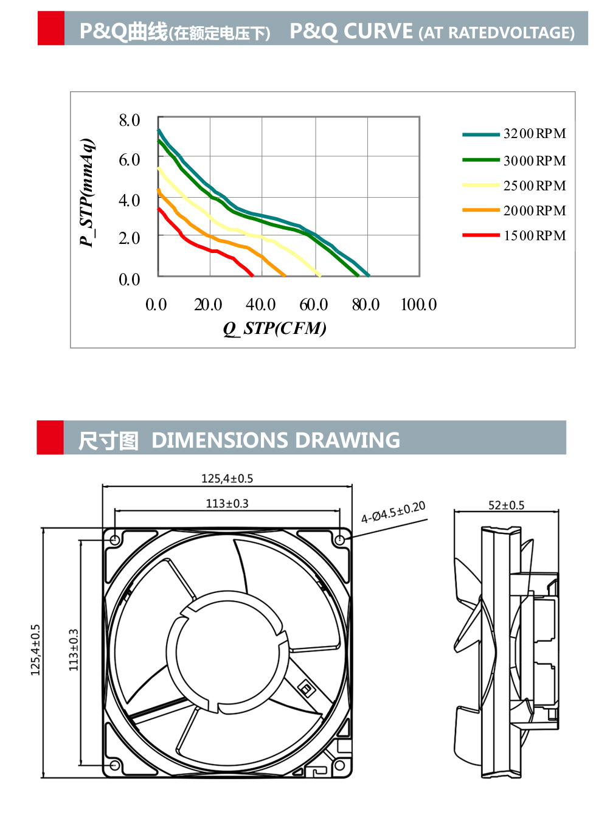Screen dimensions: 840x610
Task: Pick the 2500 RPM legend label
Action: coord(534,186)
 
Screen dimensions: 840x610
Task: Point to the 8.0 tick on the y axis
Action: coord(129,120)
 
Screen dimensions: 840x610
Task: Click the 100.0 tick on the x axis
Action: coord(418,305)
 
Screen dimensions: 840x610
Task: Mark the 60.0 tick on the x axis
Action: coord(313,305)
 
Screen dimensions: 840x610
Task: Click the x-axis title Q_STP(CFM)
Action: coord(274,328)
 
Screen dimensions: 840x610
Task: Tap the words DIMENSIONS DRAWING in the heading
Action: coord(276,440)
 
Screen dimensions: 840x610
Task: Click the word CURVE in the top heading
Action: coord(378,31)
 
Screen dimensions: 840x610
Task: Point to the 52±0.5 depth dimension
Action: coord(506,505)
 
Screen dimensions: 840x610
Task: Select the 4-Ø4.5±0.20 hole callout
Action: coord(393,513)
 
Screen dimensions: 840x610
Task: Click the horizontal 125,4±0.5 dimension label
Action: coord(227,479)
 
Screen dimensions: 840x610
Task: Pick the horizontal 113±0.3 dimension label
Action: coord(227,504)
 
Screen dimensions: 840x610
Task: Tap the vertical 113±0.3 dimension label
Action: coord(74,650)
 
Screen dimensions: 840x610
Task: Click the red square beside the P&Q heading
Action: coord(50,28)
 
